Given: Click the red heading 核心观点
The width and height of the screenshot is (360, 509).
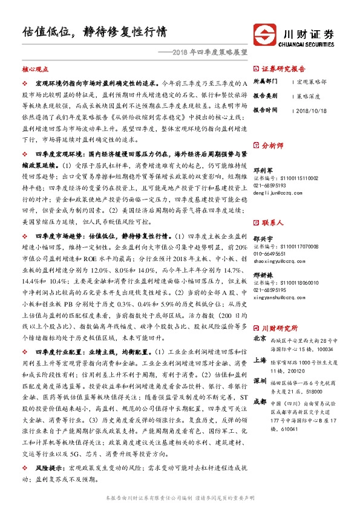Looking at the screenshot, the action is tap(34, 70).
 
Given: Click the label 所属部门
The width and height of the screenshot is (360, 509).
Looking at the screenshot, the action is tap(264, 81).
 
